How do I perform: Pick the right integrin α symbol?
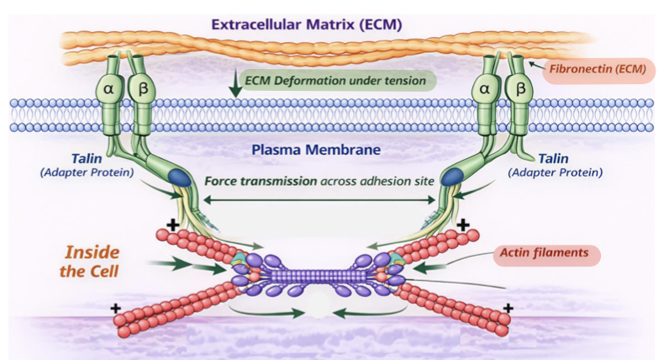tap(486, 87)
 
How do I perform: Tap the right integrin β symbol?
tap(520, 87)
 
